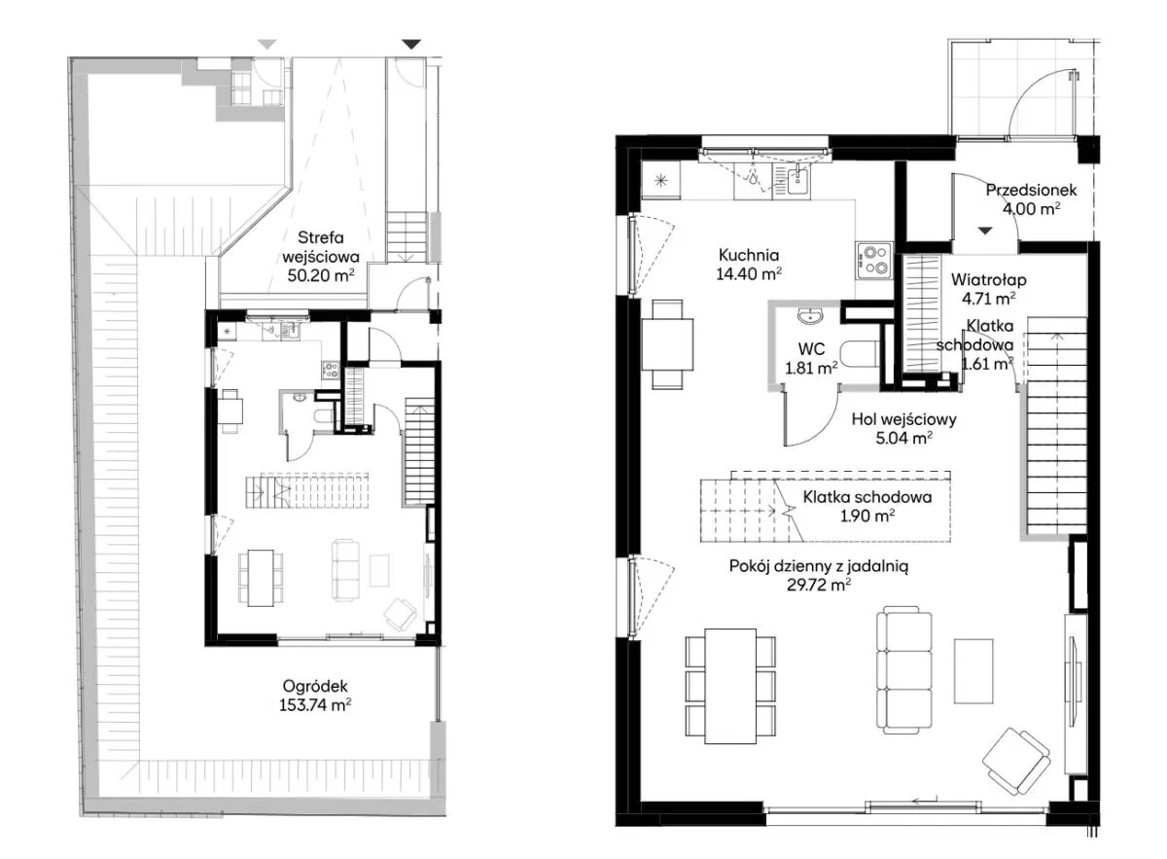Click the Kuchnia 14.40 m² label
coord(749,265)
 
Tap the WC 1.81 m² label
coord(811,359)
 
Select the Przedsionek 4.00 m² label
coord(1031,199)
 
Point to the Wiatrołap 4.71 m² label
coord(988,289)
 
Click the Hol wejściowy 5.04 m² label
coord(903,428)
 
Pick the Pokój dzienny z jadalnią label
coord(819,566)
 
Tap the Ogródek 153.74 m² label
coord(315,696)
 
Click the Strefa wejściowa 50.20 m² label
coord(320,257)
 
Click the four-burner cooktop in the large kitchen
coord(873,261)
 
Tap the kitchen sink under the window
coord(797,181)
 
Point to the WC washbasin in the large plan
coord(809,315)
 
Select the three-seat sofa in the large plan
coord(903,670)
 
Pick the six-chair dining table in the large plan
coord(730,686)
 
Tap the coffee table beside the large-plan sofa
coord(973,671)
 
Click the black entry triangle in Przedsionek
coord(984,231)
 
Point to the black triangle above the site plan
coord(411,45)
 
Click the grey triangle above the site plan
coord(267,45)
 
